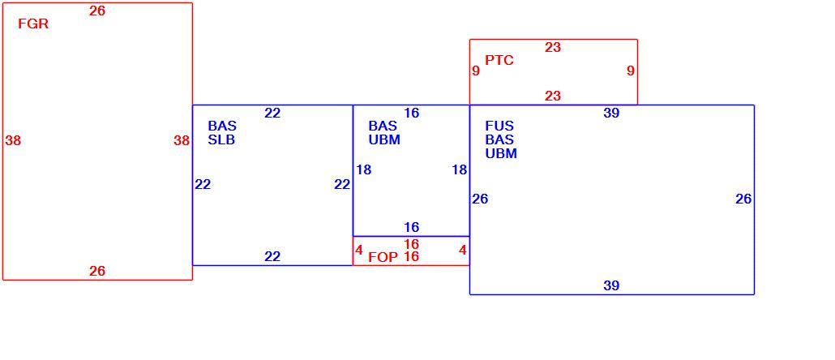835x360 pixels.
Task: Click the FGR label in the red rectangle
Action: (33, 24)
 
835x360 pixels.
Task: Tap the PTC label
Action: (499, 60)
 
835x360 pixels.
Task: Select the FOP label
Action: (383, 257)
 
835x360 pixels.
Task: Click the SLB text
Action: (221, 140)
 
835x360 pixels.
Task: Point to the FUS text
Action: (499, 126)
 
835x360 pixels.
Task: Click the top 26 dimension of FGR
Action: (97, 11)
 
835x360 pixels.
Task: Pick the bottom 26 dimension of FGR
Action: (97, 271)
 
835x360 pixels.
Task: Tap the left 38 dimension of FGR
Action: (13, 140)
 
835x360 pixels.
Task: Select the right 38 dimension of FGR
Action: (182, 140)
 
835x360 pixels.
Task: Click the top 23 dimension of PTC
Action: (553, 47)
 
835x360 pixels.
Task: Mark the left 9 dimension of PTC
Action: (476, 71)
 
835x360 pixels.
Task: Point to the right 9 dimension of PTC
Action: (631, 71)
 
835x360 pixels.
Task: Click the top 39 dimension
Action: (611, 113)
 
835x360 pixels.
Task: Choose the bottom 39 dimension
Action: (611, 285)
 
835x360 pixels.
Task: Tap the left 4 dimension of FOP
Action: (359, 250)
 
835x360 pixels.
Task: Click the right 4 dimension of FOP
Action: (463, 250)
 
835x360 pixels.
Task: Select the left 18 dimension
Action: (364, 170)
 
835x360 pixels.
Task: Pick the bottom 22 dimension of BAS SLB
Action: (272, 257)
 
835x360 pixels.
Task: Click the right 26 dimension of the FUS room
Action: (743, 199)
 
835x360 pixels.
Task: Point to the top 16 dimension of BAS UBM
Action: (412, 113)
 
